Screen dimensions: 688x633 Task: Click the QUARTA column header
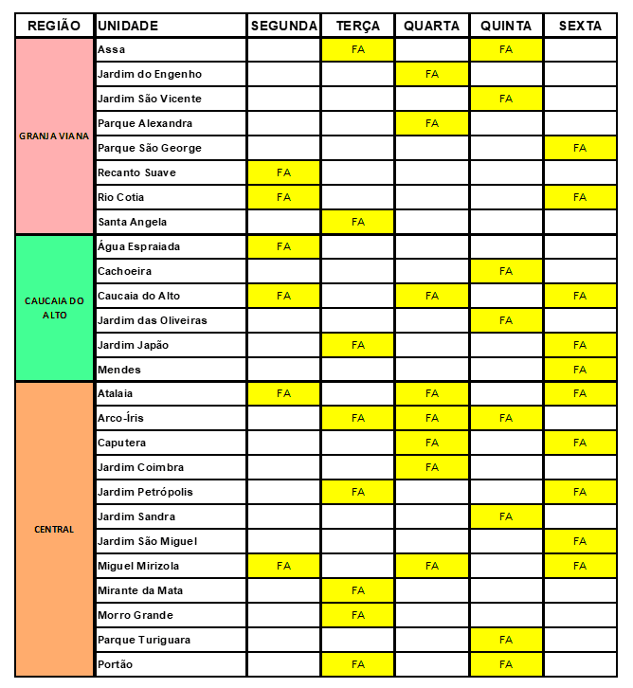[432, 26]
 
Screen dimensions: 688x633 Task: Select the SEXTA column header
[580, 26]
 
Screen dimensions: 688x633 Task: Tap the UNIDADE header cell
[128, 26]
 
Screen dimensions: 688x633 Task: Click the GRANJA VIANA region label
[54, 136]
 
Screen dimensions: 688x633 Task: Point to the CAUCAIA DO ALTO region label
[54, 308]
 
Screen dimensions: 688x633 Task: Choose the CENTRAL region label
[54, 529]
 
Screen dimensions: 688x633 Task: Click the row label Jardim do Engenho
[150, 74]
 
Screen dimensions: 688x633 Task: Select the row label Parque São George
[150, 148]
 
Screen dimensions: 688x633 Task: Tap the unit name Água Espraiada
[139, 246]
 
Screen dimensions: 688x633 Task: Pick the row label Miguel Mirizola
[138, 566]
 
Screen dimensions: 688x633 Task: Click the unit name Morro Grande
[136, 615]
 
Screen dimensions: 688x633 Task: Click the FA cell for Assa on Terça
[358, 49]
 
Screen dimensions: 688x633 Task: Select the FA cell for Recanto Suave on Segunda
[283, 172]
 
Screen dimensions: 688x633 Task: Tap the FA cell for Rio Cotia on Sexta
[580, 197]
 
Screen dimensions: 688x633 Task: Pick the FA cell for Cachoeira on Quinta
[506, 271]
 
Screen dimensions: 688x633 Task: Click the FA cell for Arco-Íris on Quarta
[432, 418]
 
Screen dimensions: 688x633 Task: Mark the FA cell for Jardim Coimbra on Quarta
[432, 467]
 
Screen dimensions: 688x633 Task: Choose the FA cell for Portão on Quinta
[506, 664]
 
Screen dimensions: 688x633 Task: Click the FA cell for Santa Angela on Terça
[358, 222]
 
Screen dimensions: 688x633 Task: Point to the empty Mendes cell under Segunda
[283, 370]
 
